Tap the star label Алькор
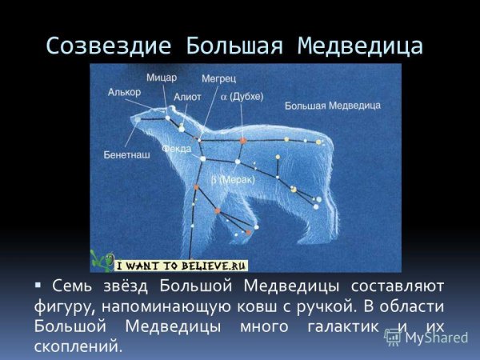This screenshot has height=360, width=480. click(x=124, y=92)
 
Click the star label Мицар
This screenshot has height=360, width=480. click(x=162, y=78)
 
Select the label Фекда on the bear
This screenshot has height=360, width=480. click(x=176, y=149)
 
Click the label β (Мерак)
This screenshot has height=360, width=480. click(x=233, y=181)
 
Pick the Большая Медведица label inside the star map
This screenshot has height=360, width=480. click(x=322, y=105)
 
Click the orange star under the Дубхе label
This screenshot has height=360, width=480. click(x=242, y=140)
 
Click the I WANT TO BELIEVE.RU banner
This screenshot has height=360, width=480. click(x=182, y=266)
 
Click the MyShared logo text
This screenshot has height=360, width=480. click(x=436, y=338)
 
